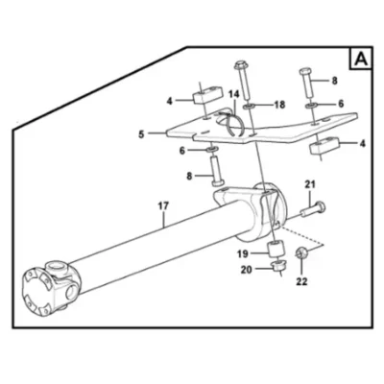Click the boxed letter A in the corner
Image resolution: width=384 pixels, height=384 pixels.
click(x=361, y=59)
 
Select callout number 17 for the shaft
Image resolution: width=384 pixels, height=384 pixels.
click(x=163, y=206)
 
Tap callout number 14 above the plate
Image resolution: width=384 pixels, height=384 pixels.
click(x=233, y=94)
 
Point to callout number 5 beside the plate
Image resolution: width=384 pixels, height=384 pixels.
click(x=141, y=134)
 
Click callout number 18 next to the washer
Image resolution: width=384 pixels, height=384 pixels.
click(x=279, y=105)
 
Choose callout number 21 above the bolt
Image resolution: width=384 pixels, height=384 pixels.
click(x=310, y=184)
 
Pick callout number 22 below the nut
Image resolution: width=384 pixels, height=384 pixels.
click(x=301, y=281)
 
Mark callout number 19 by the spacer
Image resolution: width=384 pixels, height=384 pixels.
click(x=243, y=254)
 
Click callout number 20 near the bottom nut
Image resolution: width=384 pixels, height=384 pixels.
click(x=247, y=270)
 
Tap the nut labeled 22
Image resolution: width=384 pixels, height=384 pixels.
click(x=301, y=253)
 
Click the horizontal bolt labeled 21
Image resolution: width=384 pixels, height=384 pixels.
click(x=313, y=209)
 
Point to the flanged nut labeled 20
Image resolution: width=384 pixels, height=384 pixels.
click(x=278, y=265)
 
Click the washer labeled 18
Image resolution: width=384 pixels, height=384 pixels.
click(x=249, y=106)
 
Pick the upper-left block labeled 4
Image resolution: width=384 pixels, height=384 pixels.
click(x=207, y=96)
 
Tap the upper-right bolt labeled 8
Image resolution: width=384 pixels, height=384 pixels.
click(x=306, y=83)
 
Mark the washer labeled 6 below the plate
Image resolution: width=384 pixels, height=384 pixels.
click(x=211, y=149)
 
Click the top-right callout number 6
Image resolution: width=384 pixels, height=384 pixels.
click(x=341, y=104)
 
